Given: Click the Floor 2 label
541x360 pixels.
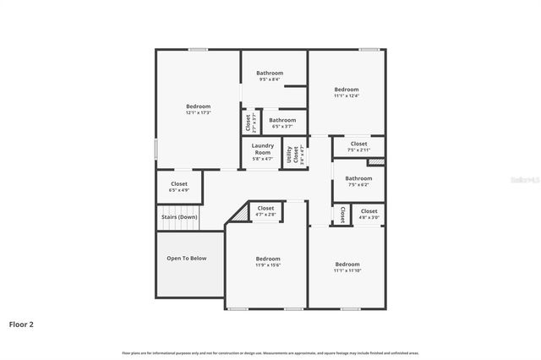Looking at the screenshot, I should tap(21, 324).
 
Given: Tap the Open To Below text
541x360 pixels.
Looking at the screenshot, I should tap(186, 259).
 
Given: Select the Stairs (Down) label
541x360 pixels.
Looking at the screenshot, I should tap(179, 217).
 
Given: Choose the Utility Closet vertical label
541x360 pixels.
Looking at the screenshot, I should tap(290, 154).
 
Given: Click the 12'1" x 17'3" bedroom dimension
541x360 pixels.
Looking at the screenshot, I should tap(198, 112).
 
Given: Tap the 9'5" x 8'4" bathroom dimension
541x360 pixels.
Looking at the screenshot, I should tap(270, 79).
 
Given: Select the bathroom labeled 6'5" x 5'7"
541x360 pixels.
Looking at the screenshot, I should tap(282, 123).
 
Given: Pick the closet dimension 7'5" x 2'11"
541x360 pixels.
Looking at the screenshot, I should tap(358, 150).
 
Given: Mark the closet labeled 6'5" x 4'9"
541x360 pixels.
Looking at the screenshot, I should tap(179, 190).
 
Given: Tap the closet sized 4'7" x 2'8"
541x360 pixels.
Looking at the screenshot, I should tap(265, 215).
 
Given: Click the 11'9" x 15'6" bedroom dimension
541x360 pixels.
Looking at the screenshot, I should tap(268, 265).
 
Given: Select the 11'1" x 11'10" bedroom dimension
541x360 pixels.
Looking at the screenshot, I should tap(347, 270).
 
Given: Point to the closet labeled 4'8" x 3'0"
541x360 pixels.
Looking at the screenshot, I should tap(369, 217).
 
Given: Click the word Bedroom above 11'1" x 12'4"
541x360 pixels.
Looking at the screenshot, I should tap(346, 90).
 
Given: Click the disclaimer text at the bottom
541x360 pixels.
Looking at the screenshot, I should tap(270, 352).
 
